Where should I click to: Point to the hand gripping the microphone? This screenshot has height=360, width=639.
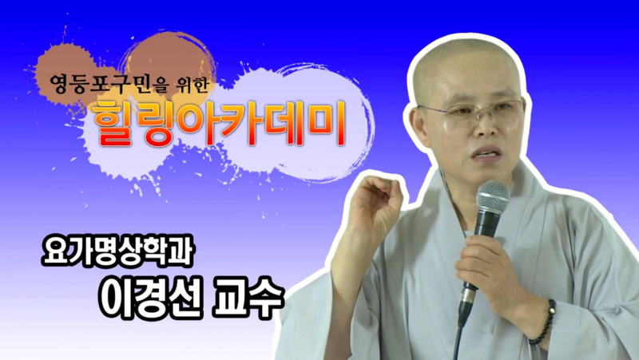(x=495, y=263)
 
